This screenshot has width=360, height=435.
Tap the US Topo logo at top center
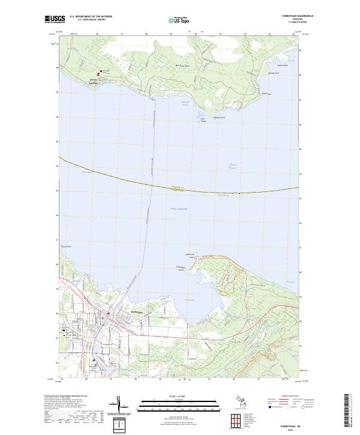point(179,19)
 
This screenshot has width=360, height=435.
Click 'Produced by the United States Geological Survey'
point(64,395)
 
